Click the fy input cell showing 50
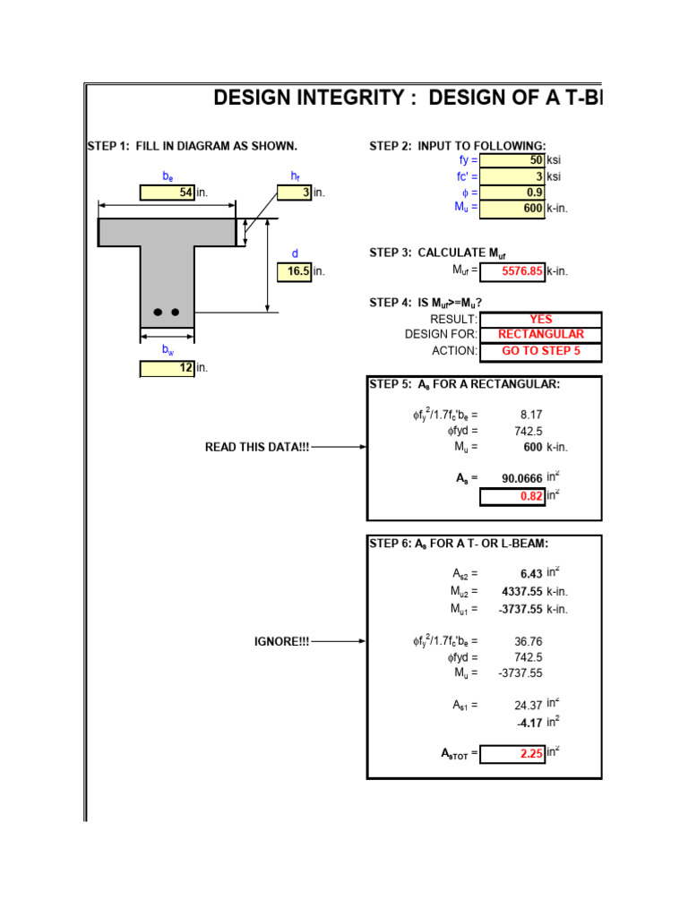512,160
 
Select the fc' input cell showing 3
512,176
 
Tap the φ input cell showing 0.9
512,192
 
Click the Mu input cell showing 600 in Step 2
512,208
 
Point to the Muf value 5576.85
512,271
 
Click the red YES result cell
540,320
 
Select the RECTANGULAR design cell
540,335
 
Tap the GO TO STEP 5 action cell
540,351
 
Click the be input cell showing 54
168,193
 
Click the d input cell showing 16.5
294,271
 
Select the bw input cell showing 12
168,367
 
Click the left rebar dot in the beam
159,313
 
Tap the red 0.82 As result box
512,496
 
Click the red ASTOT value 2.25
512,754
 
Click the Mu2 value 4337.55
521,591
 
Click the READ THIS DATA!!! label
256,447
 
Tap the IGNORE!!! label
281,641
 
